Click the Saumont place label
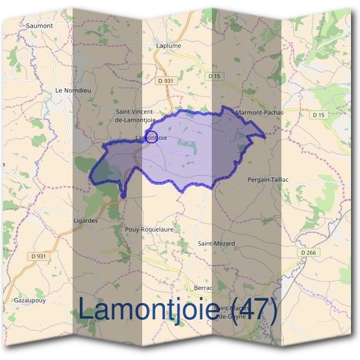[40, 26]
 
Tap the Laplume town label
[167, 45]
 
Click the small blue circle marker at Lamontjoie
[152, 136]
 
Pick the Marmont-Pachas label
[260, 112]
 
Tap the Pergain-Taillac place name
[268, 179]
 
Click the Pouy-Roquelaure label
[149, 229]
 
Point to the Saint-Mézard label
[217, 243]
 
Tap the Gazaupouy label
[30, 299]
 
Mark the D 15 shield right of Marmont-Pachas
[318, 115]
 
